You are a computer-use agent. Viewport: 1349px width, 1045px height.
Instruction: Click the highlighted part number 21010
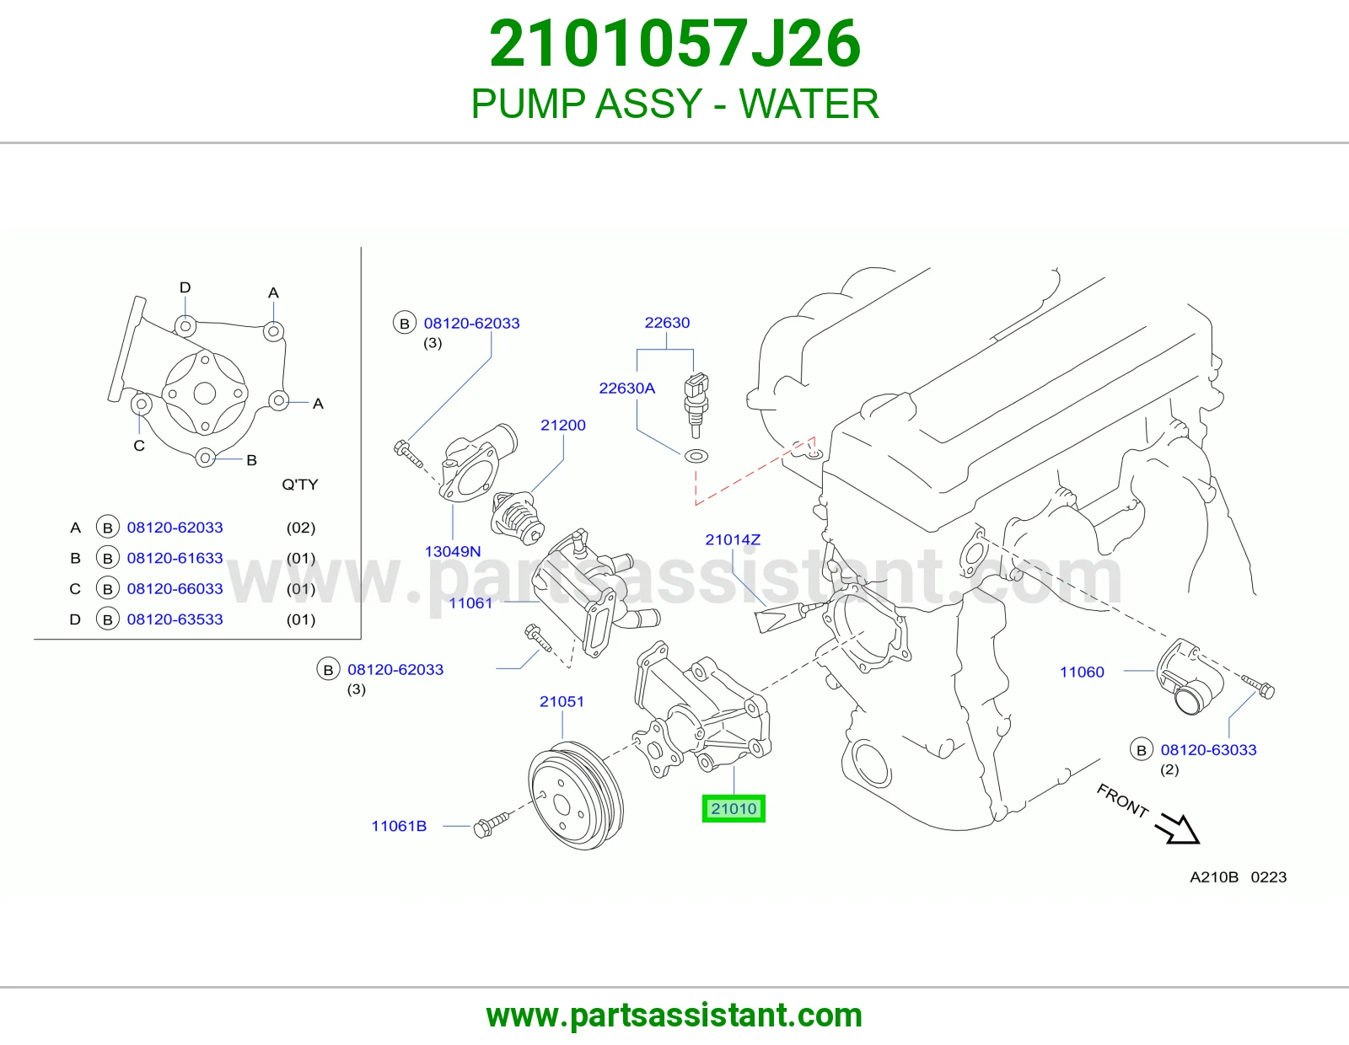[x=734, y=808]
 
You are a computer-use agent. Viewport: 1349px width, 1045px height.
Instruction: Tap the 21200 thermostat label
[x=563, y=425]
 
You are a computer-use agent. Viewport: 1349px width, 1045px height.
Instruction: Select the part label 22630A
[x=627, y=388]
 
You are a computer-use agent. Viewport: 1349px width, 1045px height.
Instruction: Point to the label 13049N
[x=453, y=551]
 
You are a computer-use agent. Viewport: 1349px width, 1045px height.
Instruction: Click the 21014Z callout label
[x=733, y=539]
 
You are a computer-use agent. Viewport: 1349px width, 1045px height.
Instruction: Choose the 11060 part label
[x=1082, y=672]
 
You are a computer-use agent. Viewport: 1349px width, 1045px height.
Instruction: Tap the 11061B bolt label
[x=399, y=826]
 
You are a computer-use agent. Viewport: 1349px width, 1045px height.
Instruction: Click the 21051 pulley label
[x=562, y=701]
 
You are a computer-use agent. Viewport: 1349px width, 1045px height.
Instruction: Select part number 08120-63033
[x=1209, y=750]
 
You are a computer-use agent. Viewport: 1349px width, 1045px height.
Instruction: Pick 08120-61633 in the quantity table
[x=175, y=558]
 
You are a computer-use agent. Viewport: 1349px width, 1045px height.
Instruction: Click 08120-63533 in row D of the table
[x=175, y=619]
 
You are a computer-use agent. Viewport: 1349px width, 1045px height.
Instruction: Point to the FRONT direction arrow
[x=1177, y=828]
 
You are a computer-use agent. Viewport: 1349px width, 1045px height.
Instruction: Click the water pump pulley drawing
[x=576, y=796]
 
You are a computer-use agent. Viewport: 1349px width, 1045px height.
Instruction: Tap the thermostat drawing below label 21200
[x=517, y=517]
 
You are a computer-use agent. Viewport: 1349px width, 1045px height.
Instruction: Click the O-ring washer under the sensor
[x=696, y=457]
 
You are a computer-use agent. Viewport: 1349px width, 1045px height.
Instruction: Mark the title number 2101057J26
[x=674, y=44]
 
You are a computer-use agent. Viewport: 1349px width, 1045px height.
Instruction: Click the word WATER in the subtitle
[x=809, y=104]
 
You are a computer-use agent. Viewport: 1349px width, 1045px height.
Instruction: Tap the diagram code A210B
[x=1213, y=876]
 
